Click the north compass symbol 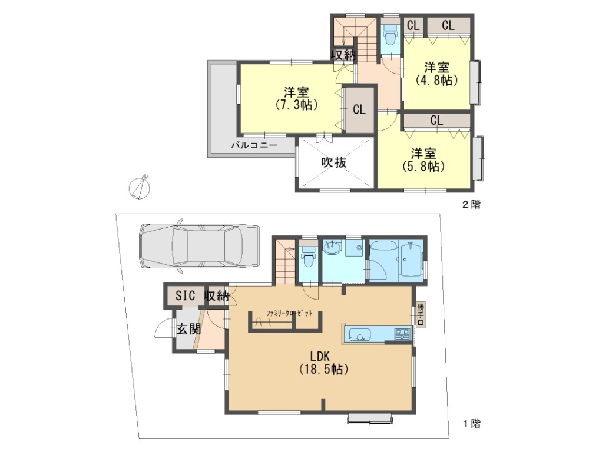click(x=140, y=188)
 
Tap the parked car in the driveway click(x=200, y=246)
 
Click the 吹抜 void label click(x=334, y=162)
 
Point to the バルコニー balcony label click(x=254, y=145)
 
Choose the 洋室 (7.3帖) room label click(x=296, y=98)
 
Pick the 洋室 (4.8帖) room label click(x=436, y=74)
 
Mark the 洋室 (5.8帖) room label click(x=423, y=160)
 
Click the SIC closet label click(x=186, y=295)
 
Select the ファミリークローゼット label click(x=289, y=314)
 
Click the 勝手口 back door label click(x=420, y=315)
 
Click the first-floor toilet click(x=308, y=258)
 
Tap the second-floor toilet click(x=390, y=36)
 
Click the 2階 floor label click(x=471, y=205)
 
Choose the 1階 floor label click(x=471, y=423)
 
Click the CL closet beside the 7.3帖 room click(x=359, y=110)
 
